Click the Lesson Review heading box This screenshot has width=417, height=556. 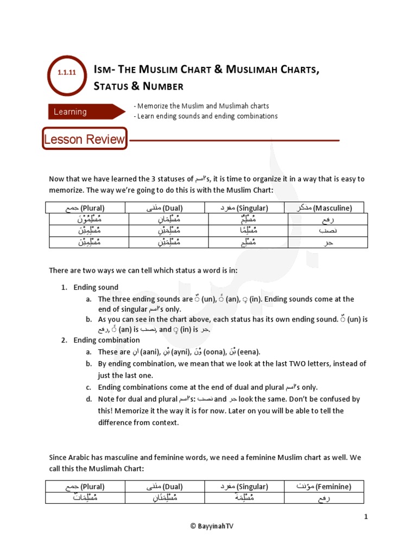pos(84,139)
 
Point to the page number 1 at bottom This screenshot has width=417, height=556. pos(367,517)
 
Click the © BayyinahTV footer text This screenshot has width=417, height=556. pos(208,526)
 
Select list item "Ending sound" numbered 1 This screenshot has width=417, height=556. pos(96,287)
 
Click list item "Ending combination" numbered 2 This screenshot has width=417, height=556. pos(106,340)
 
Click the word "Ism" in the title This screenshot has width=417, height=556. pos(103,69)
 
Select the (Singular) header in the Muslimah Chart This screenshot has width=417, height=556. pos(244,486)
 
